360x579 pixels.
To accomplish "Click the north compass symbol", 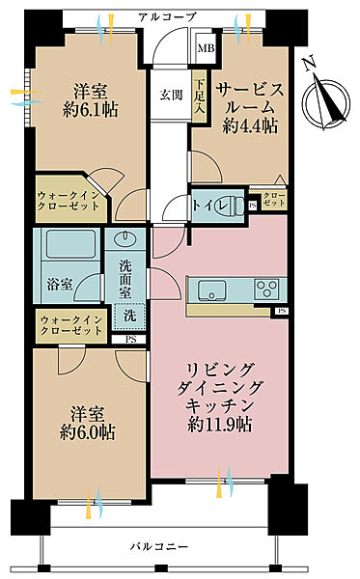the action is (x=326, y=99).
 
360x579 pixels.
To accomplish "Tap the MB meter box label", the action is (x=206, y=48).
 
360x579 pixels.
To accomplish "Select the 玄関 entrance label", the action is (x=172, y=95).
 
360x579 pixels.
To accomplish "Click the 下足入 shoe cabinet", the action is (x=200, y=96).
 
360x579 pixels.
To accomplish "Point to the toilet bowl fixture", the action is (x=235, y=206).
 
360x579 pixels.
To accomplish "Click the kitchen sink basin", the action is (x=212, y=290).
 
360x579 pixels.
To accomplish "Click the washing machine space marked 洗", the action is (x=129, y=316).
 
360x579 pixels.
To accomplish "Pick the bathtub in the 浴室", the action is (x=70, y=244).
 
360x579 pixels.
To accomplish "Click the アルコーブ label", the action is (x=167, y=17).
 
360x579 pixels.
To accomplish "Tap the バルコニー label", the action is (x=159, y=546).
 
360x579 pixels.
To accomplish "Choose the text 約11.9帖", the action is (x=220, y=425).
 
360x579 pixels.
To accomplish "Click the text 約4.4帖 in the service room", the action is (x=250, y=126).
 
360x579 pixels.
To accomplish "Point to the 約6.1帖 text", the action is (x=91, y=110).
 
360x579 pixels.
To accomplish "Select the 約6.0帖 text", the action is (x=88, y=432).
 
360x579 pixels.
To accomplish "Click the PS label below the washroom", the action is (x=130, y=340).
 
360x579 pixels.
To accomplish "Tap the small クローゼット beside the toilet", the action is (x=273, y=200).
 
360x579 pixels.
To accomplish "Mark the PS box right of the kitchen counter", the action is (x=282, y=312).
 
